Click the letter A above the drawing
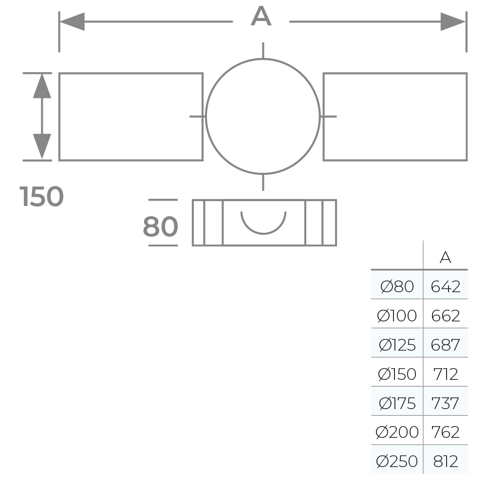261,18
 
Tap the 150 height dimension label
42,197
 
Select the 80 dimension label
160,226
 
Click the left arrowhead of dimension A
72,22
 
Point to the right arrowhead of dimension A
453,22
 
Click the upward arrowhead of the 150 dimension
42,86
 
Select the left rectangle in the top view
131,117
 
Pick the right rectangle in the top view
395,117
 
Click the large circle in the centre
263,116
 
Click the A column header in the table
445,258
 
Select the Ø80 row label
397,286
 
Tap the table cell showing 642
445,286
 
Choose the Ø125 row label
397,345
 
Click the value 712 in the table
445,374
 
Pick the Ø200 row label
397,432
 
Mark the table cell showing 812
445,461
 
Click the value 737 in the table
445,403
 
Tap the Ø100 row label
397,316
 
